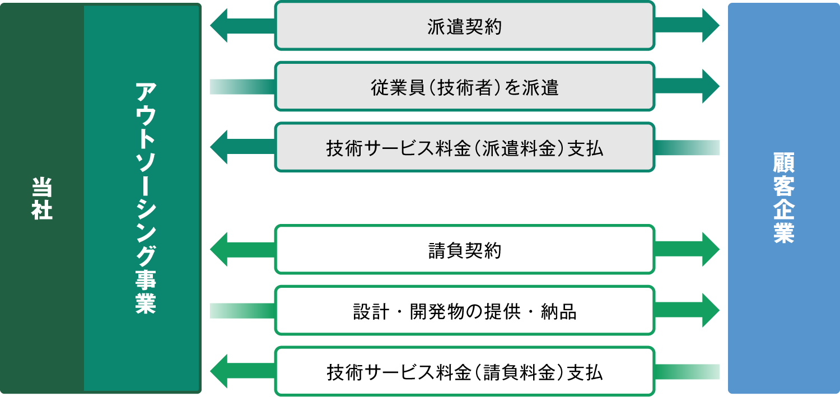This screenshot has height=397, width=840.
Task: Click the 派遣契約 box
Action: click(464, 26)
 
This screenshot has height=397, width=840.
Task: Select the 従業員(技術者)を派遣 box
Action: click(464, 87)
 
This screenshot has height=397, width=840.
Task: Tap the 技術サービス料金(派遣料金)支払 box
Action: click(464, 148)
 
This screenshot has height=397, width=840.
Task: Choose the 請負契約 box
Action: click(464, 250)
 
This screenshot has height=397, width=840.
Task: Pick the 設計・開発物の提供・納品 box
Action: click(464, 311)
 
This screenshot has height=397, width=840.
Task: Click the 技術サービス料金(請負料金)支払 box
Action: click(464, 372)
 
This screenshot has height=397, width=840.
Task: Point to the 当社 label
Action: click(42, 198)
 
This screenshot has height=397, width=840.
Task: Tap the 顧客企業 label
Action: click(783, 198)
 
